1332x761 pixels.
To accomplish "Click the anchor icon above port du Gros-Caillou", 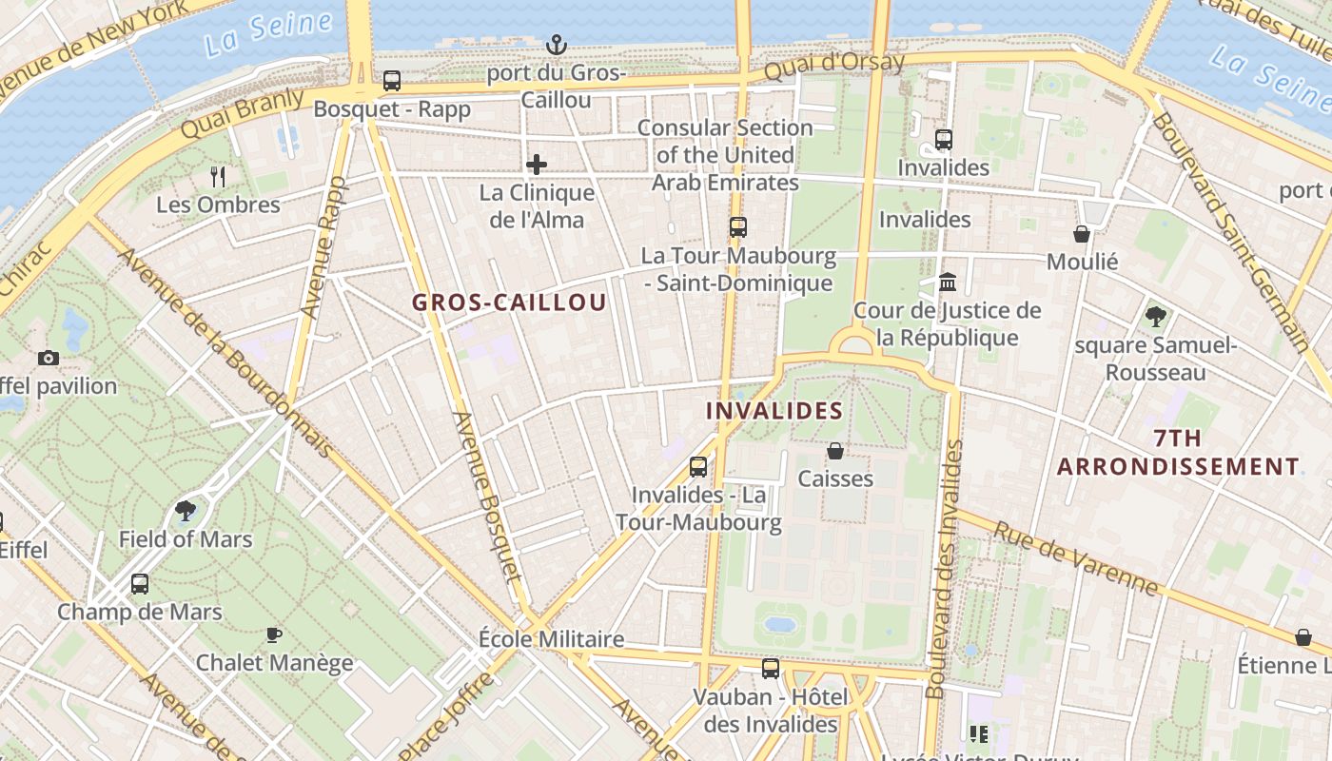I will point(556,45).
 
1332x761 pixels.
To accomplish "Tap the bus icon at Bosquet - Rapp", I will point(392,81).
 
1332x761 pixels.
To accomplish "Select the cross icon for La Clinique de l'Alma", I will point(537,165).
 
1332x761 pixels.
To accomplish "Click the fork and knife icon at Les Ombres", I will point(218,176).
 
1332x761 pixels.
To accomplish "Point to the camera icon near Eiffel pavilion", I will point(49,358).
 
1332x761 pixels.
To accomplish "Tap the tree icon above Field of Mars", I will point(186,512).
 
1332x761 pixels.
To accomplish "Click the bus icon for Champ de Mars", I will point(140,583).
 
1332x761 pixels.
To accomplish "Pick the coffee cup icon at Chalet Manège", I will point(274,634).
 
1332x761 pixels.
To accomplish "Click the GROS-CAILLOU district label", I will point(509,302).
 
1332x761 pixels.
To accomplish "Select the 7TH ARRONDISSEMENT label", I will point(1178,453).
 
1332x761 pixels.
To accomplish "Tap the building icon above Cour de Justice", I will point(948,283).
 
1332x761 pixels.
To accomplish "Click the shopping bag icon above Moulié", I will point(1082,234).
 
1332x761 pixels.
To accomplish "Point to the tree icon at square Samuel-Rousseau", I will point(1156,316).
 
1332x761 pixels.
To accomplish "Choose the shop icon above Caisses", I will point(835,451).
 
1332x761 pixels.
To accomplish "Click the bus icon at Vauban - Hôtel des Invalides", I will point(771,669).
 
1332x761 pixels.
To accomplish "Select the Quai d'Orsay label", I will point(834,65).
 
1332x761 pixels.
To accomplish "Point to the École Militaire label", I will point(551,639).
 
